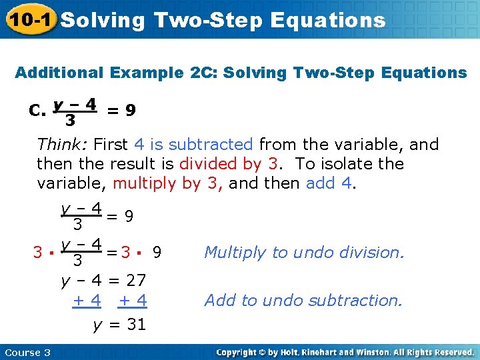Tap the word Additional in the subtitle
[59, 73]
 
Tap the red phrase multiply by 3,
[169, 183]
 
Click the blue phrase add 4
[329, 183]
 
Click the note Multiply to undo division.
[304, 252]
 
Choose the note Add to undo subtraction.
[303, 301]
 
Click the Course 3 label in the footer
[27, 351]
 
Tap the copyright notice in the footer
[345, 351]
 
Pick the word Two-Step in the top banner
[209, 20]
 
